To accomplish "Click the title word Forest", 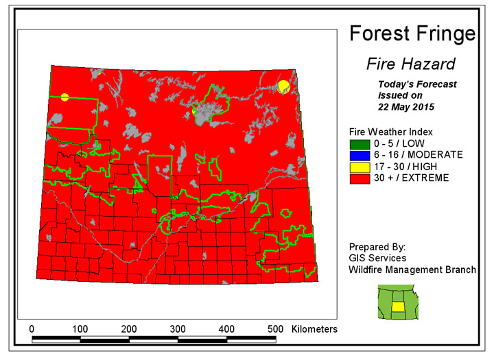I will click(x=380, y=33).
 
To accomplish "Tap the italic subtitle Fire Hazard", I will click(x=410, y=64).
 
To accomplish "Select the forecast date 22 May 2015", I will click(x=406, y=108).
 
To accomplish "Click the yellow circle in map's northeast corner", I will click(x=283, y=85).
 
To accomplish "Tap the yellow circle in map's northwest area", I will click(x=64, y=97).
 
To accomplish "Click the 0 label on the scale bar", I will click(x=32, y=329).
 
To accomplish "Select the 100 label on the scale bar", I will click(x=80, y=329).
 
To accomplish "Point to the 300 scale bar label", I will click(x=178, y=329).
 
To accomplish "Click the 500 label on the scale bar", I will click(x=275, y=329).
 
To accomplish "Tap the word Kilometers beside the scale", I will click(x=314, y=329).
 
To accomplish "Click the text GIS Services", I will click(x=377, y=258).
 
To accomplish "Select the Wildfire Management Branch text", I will click(x=412, y=269).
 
